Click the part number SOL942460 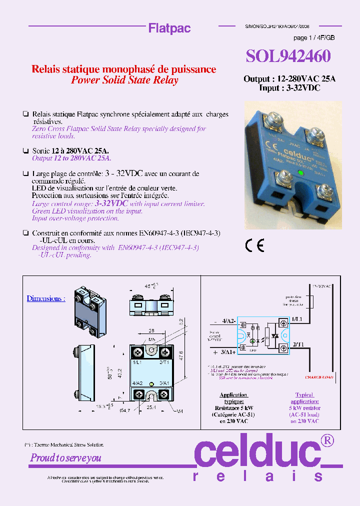pos(288,56)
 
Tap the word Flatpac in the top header pos(169,28)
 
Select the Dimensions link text pos(45,298)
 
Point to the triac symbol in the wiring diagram pos(274,336)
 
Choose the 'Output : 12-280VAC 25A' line pos(289,79)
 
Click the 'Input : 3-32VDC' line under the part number pos(289,87)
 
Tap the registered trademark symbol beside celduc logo pos(327,440)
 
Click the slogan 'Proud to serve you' pos(65,457)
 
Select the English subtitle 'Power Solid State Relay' pos(124,80)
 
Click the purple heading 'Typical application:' pos(304,398)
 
